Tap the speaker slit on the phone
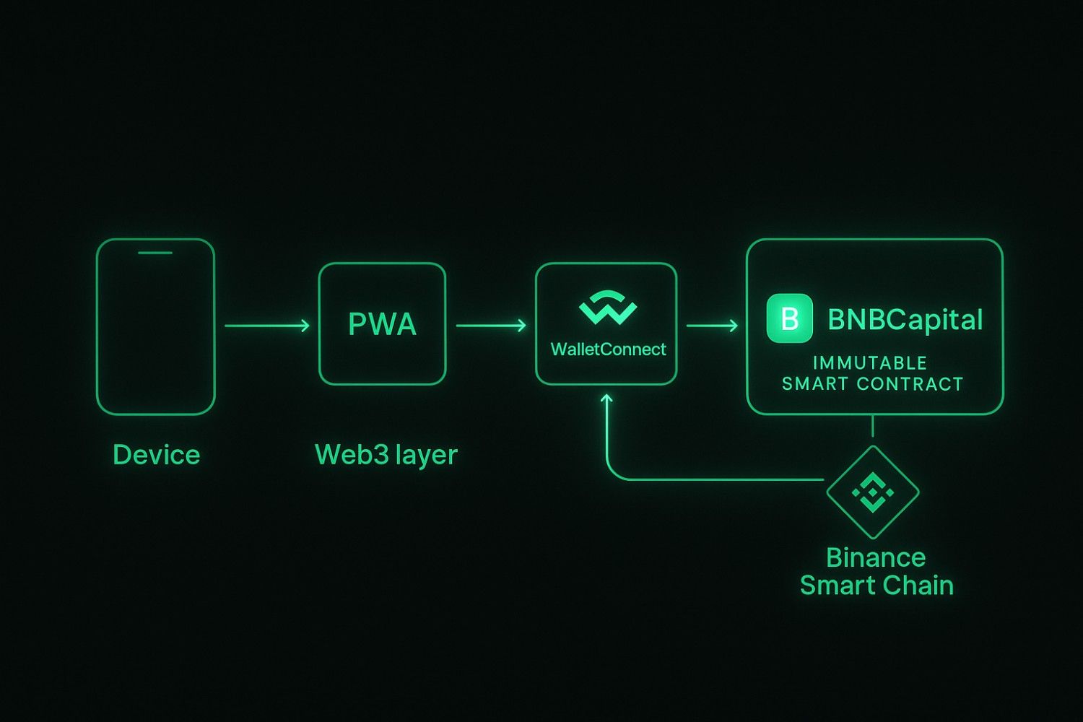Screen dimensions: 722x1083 (155, 253)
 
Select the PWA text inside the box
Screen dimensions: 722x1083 (382, 325)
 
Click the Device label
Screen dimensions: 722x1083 (156, 455)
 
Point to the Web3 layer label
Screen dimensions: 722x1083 (386, 455)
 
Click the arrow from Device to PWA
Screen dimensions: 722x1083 (266, 326)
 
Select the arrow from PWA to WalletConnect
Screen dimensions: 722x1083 (491, 326)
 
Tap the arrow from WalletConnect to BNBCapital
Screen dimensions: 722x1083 (712, 326)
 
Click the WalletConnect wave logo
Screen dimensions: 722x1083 (608, 308)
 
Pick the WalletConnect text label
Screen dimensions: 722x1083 (608, 349)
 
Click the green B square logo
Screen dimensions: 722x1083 (789, 318)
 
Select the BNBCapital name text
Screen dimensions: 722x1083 (905, 319)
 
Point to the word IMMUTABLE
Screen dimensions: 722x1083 (869, 362)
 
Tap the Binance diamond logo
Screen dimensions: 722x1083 (873, 492)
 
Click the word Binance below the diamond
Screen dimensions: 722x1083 (875, 557)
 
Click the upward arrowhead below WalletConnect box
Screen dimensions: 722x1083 (606, 399)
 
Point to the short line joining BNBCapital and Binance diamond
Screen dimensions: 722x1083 (873, 426)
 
